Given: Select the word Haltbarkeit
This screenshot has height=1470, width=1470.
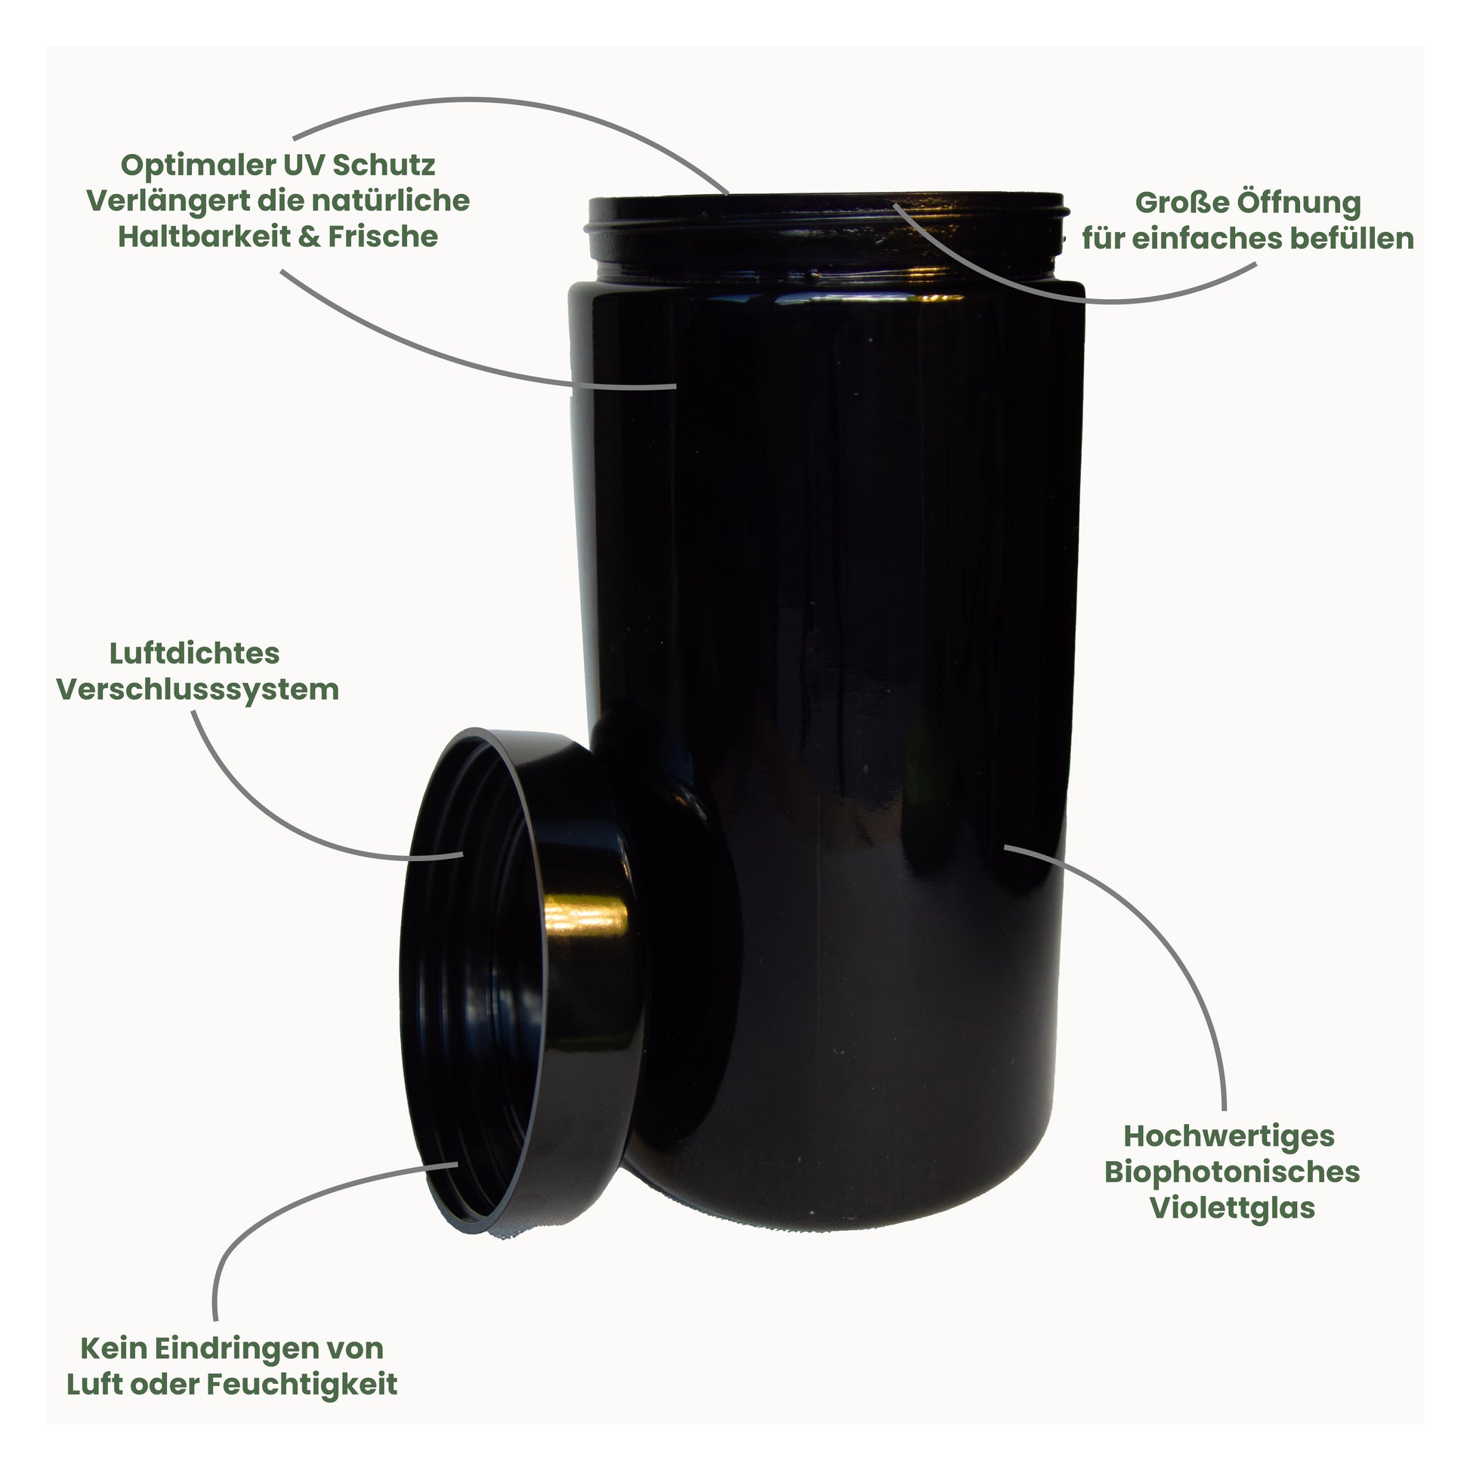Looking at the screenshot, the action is (203, 236).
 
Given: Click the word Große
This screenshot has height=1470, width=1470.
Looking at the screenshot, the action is (1181, 202).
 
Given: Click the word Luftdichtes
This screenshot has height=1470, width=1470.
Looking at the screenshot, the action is (195, 653).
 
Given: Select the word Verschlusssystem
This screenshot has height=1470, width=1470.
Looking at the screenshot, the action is (198, 690).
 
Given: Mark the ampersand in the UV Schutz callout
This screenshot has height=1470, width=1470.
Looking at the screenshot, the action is (309, 236).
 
